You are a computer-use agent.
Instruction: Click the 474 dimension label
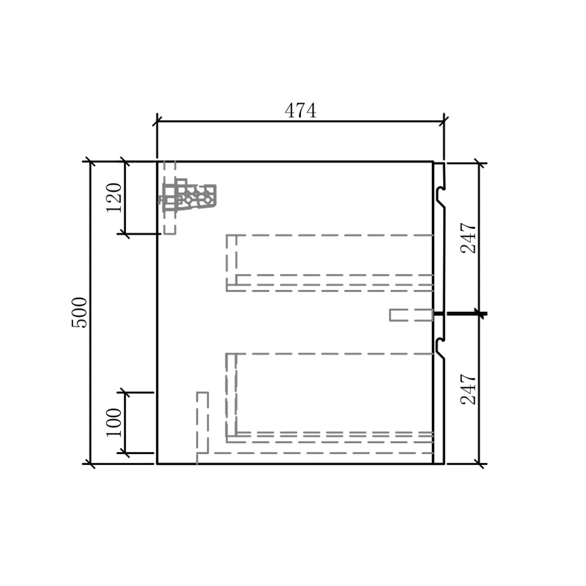coord(300,111)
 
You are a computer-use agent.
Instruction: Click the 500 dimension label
coord(79,313)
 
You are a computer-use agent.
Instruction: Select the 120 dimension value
coord(113,197)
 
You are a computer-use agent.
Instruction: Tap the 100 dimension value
coord(113,422)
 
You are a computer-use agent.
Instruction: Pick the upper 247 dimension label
coord(468,238)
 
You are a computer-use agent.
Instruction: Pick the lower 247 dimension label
coord(468,389)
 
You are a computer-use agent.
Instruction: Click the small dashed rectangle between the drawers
coord(411,315)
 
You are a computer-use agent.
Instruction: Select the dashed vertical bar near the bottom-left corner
coord(202,425)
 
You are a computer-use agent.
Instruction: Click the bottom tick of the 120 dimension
coord(125,233)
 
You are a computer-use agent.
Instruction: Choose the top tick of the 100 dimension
coord(125,392)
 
